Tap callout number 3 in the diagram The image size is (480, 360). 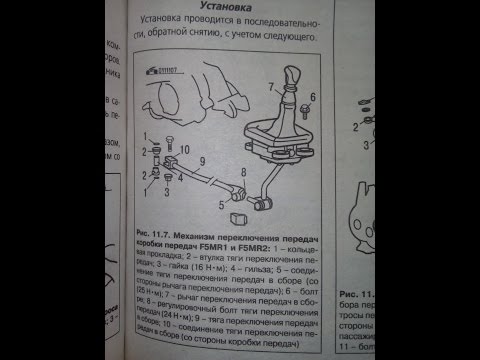[x=168, y=187]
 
